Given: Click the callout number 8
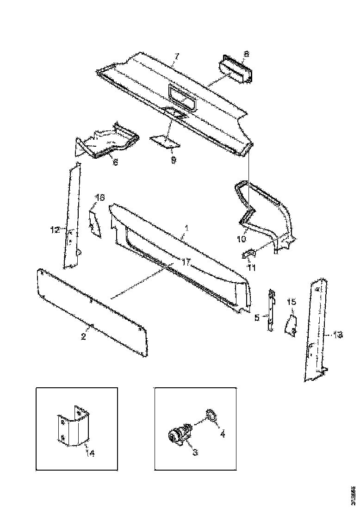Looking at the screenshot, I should pos(246,54).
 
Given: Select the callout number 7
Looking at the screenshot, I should pos(176,56).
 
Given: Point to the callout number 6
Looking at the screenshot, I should pos(115,162).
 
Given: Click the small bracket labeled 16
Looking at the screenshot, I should pos(94,223).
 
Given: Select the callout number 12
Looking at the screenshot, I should pos(55,229).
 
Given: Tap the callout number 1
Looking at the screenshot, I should pos(186,229).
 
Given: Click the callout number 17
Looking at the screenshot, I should pos(186,262).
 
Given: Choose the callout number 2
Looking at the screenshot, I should pos(83,336).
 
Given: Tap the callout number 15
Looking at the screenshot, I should pos(291,302).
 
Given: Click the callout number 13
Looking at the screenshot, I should pos(339,335).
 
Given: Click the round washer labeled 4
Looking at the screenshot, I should pos(211,415).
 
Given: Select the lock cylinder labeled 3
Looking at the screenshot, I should pos(178,436).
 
